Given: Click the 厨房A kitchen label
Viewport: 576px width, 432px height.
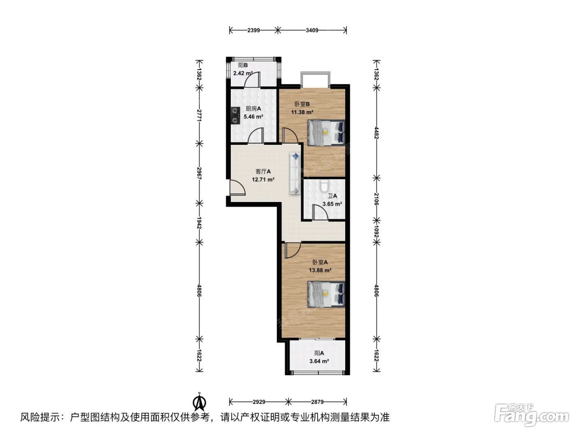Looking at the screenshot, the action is (x=253, y=108).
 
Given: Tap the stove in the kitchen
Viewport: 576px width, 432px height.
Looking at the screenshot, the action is (x=52, y=116).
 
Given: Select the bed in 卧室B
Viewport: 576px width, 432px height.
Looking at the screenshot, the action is (x=326, y=133).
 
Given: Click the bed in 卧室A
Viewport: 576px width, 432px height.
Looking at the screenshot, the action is (x=326, y=294).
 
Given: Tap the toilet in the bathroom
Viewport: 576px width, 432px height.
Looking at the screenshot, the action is (x=324, y=185).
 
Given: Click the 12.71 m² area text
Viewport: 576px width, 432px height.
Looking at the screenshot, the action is (x=263, y=180).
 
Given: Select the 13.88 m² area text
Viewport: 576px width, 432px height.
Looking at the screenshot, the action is (x=320, y=270).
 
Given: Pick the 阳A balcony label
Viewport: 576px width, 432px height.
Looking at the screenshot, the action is (x=319, y=353).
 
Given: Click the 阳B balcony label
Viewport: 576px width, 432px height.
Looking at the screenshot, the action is (x=243, y=65).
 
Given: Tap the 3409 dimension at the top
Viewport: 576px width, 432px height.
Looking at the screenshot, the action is (x=312, y=30).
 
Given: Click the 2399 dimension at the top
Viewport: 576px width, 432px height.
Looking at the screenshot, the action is (x=253, y=30).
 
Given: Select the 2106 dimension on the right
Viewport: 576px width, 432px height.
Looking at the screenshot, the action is (x=376, y=199).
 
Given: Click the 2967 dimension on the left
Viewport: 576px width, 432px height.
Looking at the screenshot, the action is (x=200, y=173).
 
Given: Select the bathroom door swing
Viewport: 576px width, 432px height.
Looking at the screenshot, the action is (x=321, y=212).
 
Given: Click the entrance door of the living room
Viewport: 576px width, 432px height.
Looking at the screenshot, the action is (x=237, y=188).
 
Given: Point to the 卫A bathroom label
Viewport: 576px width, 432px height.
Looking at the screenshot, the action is (x=332, y=196).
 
